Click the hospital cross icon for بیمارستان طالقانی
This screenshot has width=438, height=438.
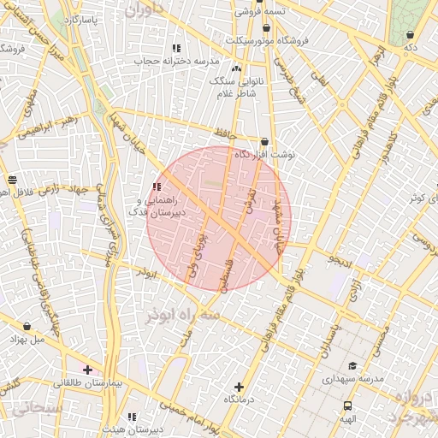click(87, 370)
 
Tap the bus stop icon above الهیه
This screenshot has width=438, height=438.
click(347, 406)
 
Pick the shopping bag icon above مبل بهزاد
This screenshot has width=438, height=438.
click(28, 327)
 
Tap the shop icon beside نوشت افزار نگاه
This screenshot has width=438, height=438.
click(264, 141)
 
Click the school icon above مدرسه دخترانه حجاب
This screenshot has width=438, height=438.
click(176, 48)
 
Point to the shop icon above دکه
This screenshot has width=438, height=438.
click(411, 35)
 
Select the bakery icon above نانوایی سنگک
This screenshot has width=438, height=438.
click(237, 68)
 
